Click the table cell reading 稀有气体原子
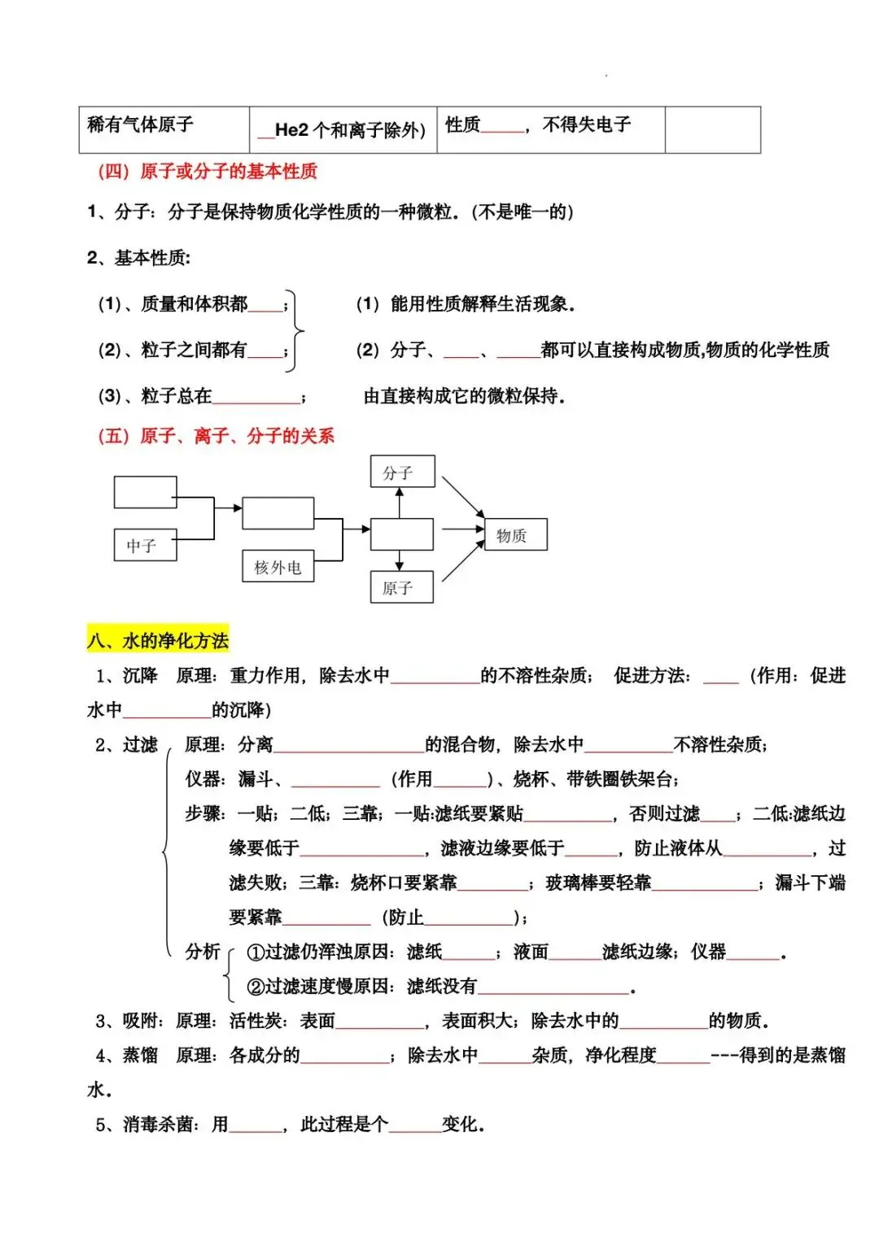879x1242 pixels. (x=140, y=124)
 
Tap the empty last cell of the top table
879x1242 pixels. (x=712, y=129)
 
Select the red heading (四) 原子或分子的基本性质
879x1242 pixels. (x=208, y=172)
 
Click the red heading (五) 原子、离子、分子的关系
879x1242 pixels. (x=216, y=436)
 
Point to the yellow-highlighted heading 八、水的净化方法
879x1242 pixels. (x=158, y=640)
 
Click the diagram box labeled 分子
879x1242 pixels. (x=402, y=472)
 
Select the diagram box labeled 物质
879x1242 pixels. (x=515, y=535)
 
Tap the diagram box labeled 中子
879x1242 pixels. (x=145, y=545)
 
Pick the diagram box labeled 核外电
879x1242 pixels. (x=278, y=567)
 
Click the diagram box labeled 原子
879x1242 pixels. (x=401, y=587)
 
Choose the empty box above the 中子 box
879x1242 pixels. (x=145, y=492)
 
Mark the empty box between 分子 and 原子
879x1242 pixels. (x=401, y=534)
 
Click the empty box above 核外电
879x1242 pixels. (x=278, y=513)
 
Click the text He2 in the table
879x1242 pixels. (x=292, y=129)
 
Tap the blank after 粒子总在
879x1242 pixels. (x=256, y=398)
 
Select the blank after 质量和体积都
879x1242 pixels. (x=265, y=306)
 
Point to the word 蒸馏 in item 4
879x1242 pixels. (x=140, y=1056)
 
